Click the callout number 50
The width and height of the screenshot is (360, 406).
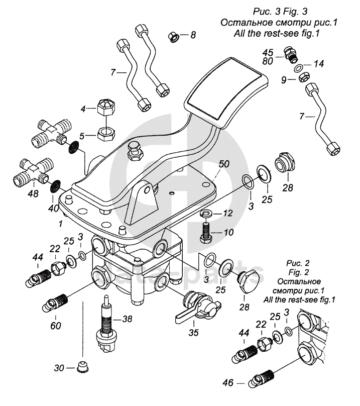click(224, 164)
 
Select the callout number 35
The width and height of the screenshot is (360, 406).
click(192, 332)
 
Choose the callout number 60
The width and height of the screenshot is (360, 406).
click(56, 325)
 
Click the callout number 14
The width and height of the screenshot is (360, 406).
click(319, 64)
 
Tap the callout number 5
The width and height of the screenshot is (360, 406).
click(85, 135)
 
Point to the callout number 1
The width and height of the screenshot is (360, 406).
click(61, 222)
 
